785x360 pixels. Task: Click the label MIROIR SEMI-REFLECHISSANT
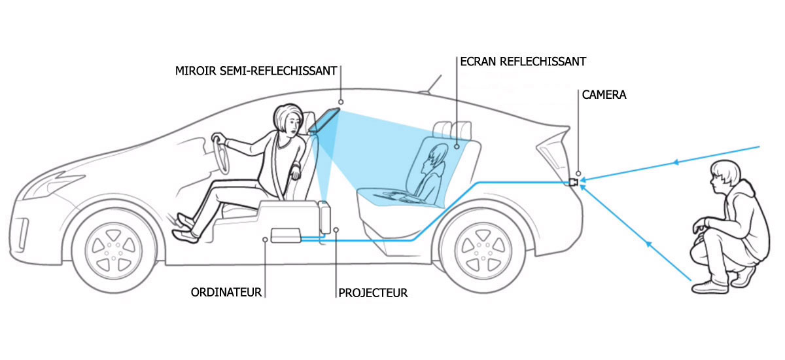point(256,70)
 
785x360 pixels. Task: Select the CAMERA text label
point(603,95)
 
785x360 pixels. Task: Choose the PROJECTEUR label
point(373,293)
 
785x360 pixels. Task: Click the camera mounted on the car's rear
point(573,182)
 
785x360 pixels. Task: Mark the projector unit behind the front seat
point(325,217)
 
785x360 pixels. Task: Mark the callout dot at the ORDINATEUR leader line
point(265,240)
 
